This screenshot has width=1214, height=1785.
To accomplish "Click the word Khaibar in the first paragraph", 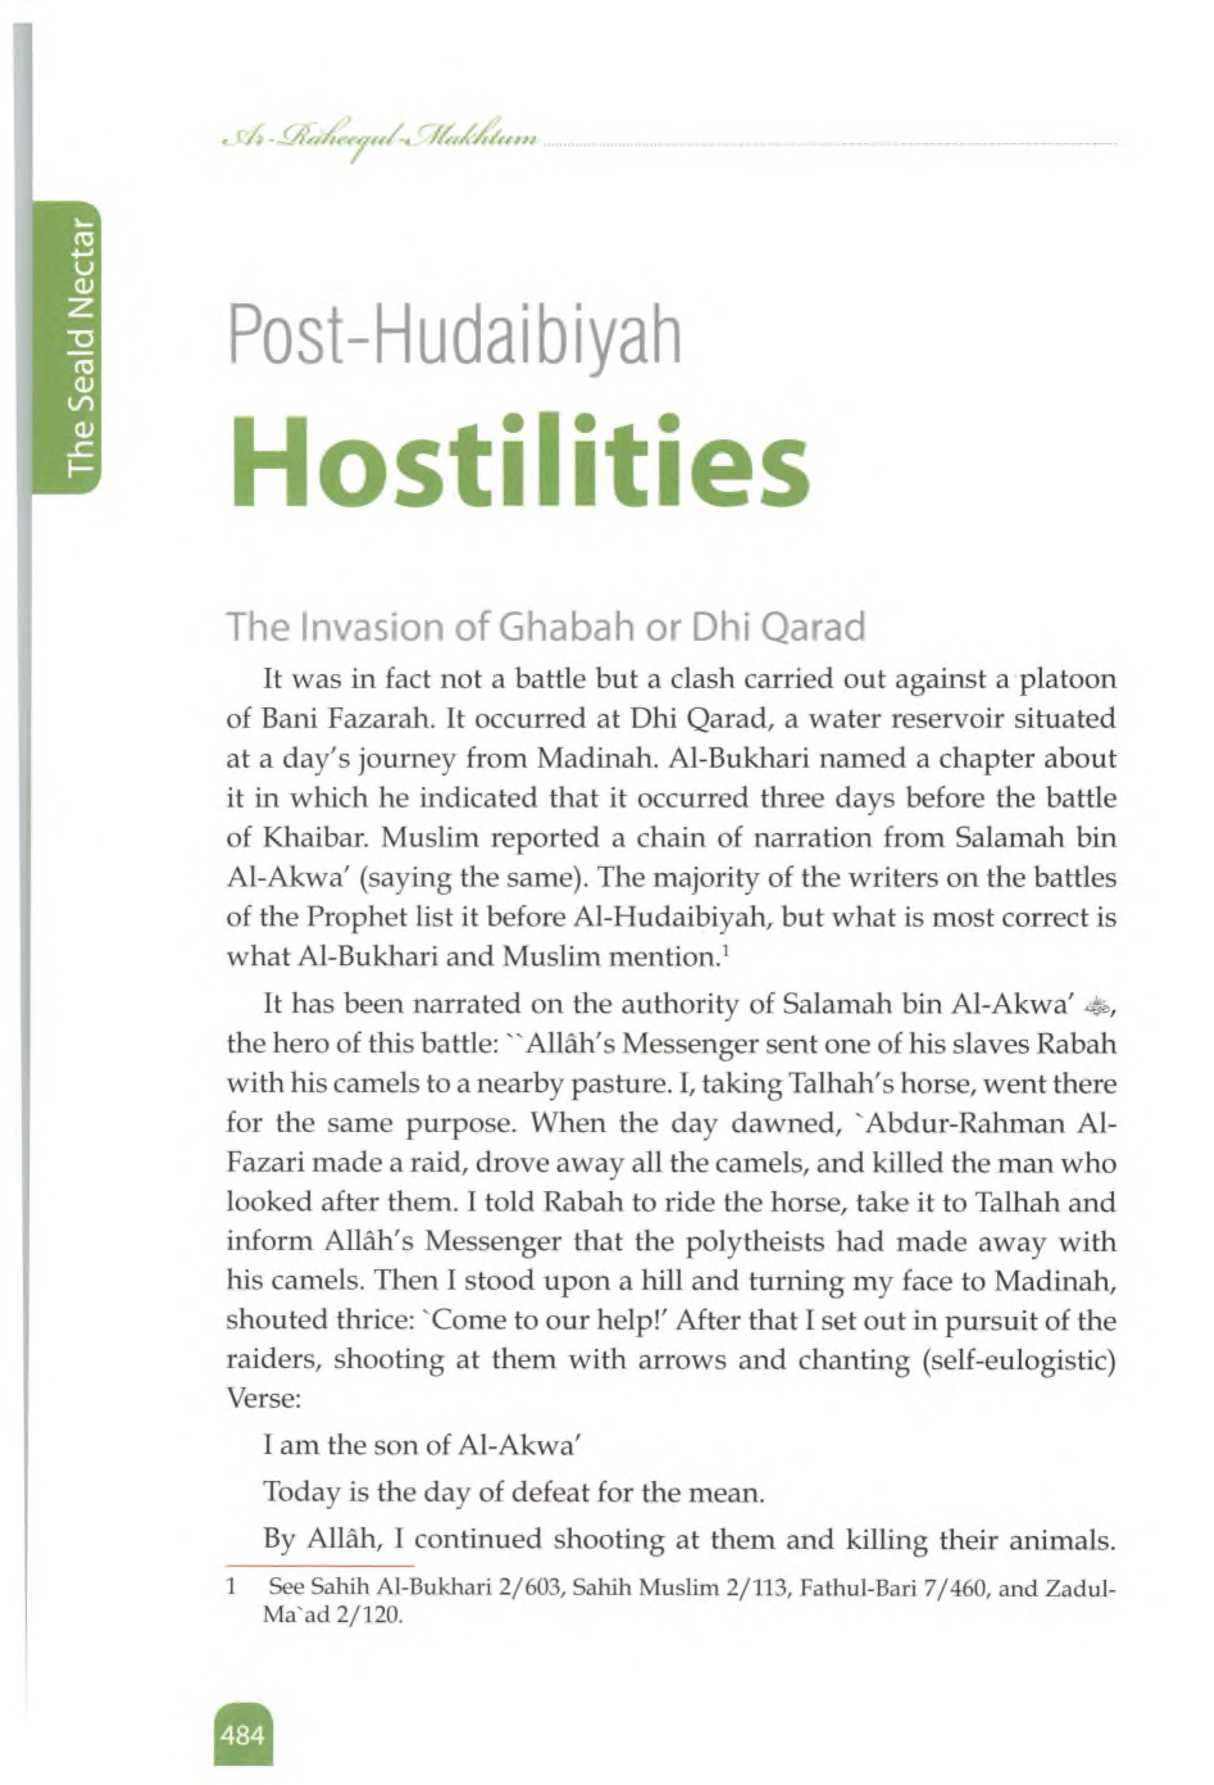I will coord(316,838).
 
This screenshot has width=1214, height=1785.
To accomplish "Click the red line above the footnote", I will coord(320,1564).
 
